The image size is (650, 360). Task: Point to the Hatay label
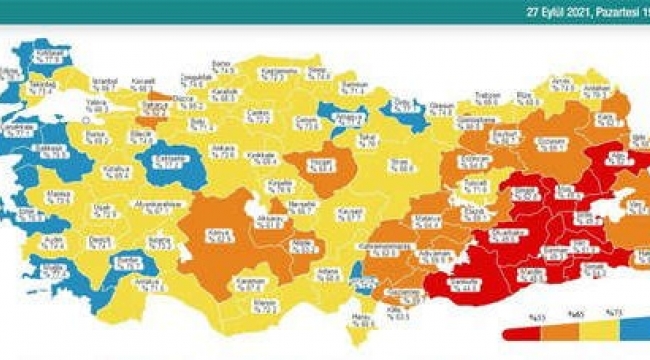[x=360, y=319]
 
